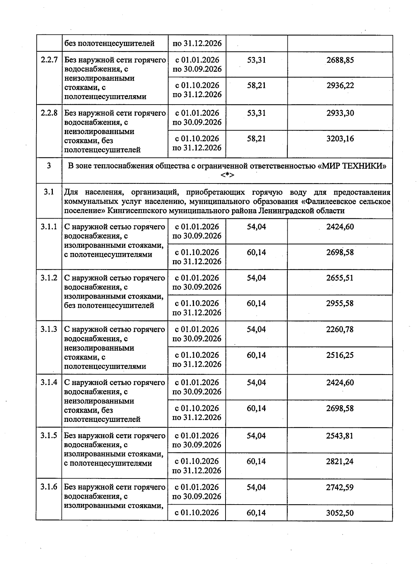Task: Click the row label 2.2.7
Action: pyautogui.click(x=49, y=60)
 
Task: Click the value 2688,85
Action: pyautogui.click(x=340, y=60)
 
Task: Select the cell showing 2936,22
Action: pyautogui.click(x=340, y=85)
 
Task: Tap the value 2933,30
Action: pyautogui.click(x=340, y=113)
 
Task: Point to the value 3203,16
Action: pyautogui.click(x=340, y=139)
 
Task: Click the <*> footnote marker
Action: pyautogui.click(x=227, y=175)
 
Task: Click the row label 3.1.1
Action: pyautogui.click(x=49, y=227)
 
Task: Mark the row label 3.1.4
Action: pyautogui.click(x=49, y=383)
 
